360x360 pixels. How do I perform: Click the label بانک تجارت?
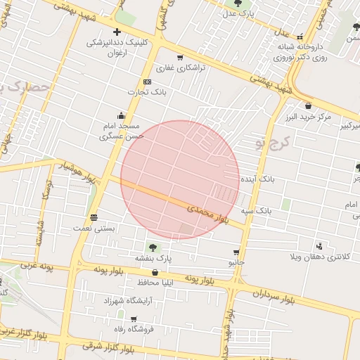pos(145,92)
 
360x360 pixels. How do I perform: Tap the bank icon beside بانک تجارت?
pos(146,82)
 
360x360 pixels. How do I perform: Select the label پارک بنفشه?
pos(153,258)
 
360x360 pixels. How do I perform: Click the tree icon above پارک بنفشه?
pos(153,247)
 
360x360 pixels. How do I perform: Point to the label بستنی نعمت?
pos(94,229)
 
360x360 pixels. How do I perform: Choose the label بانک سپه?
pos(256,210)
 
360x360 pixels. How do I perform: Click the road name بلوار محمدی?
pos(209,213)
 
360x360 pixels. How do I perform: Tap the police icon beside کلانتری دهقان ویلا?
pos(320,246)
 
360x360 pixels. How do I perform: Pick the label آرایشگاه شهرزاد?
pos(122,300)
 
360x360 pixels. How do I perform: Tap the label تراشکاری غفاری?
pos(179,68)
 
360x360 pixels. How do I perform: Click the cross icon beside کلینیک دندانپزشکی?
pos(117,32)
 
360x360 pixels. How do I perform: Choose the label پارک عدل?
pos(237,13)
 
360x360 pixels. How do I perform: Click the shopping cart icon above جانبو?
pos(236,252)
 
